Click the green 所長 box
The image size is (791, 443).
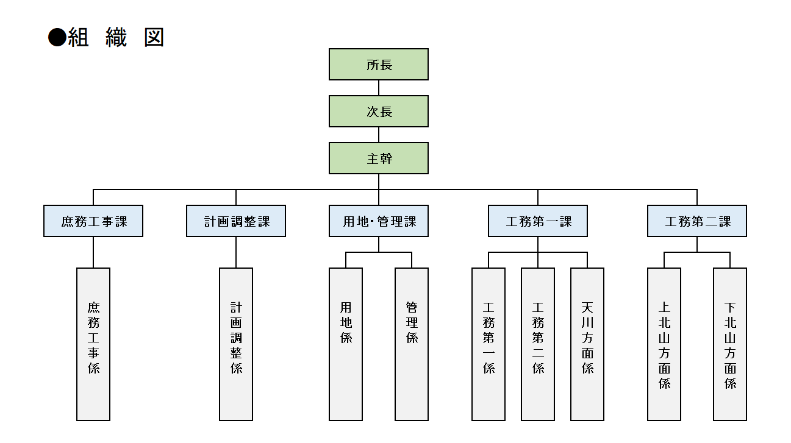[x=379, y=65]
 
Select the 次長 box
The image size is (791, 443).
[x=379, y=112]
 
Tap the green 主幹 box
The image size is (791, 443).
[x=379, y=158]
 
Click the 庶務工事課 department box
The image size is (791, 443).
[x=93, y=221]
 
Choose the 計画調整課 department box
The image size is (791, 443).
[x=236, y=221]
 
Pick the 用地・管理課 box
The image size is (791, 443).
[x=379, y=221]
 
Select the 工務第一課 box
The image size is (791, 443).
[x=538, y=221]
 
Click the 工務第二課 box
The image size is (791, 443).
[x=697, y=221]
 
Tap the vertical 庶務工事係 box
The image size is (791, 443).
[x=93, y=344]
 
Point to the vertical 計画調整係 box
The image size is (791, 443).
[x=236, y=344]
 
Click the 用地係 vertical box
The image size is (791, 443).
[x=346, y=344]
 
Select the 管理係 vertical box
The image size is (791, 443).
[x=412, y=344]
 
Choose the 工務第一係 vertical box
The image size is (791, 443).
[x=489, y=344]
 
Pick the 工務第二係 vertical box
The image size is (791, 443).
[x=538, y=344]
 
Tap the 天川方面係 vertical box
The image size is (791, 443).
[x=587, y=344]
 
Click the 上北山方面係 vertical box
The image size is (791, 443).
[x=664, y=344]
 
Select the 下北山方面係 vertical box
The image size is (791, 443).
[x=730, y=344]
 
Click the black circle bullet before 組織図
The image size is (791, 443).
[x=57, y=38]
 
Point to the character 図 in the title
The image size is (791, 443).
[x=154, y=38]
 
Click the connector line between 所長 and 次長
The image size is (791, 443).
[x=379, y=88]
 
